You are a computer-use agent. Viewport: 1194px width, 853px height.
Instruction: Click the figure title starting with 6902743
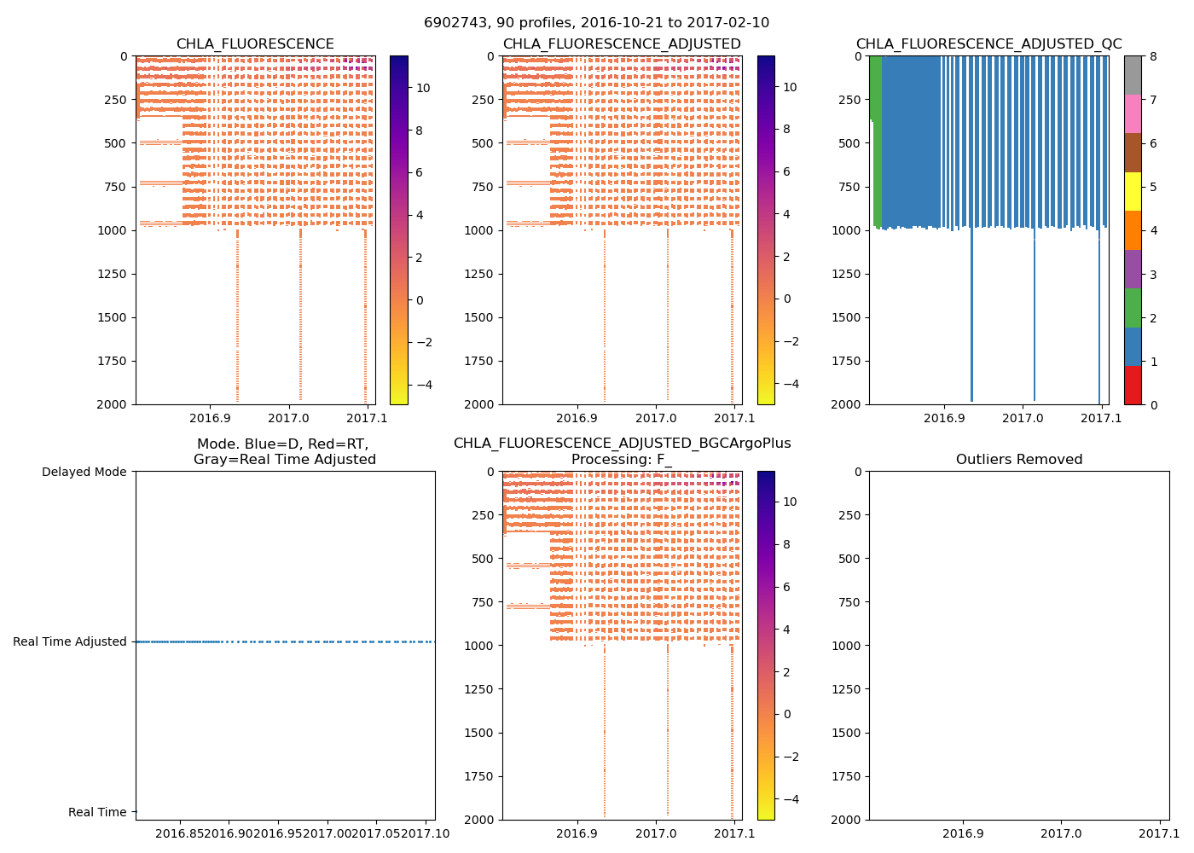tap(596, 23)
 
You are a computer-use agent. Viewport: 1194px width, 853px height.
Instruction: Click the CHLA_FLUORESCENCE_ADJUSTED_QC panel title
tap(988, 44)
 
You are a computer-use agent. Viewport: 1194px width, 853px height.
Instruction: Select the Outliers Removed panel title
tap(1018, 460)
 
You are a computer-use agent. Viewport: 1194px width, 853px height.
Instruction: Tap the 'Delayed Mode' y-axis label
tap(84, 472)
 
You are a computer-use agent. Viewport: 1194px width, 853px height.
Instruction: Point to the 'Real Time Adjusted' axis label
tap(69, 641)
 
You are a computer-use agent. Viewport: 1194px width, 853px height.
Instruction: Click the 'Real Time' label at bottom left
tap(97, 812)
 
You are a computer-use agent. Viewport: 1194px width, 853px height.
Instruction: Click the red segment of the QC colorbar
tap(1132, 385)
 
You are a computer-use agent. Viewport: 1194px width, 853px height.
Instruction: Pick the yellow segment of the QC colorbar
tap(1132, 191)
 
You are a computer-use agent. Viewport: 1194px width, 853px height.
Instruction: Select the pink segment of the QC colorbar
tap(1132, 113)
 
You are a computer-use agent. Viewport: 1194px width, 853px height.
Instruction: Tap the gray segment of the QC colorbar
tap(1132, 75)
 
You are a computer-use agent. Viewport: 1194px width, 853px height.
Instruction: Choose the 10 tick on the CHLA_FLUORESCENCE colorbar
tap(422, 88)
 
